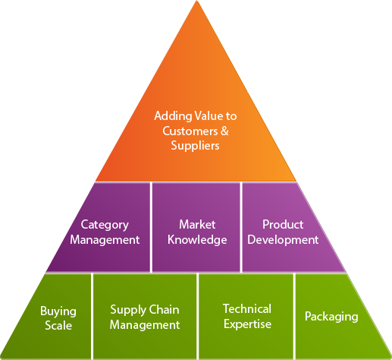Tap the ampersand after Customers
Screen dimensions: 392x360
pyautogui.click(x=224, y=131)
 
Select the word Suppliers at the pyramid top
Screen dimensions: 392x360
pyautogui.click(x=195, y=146)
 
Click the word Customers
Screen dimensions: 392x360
pyautogui.click(x=190, y=131)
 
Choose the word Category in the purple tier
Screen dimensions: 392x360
pyautogui.click(x=105, y=225)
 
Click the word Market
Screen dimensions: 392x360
pyautogui.click(x=197, y=224)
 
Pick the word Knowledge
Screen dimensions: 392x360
pyautogui.click(x=197, y=240)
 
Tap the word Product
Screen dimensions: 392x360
pyautogui.click(x=283, y=224)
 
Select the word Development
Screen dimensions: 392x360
pyautogui.click(x=283, y=240)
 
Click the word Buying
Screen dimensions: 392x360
pyautogui.click(x=58, y=311)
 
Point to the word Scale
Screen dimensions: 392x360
pyautogui.click(x=58, y=325)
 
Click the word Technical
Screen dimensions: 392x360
pyautogui.click(x=247, y=308)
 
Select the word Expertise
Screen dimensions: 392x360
pyautogui.click(x=247, y=324)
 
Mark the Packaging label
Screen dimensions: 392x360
pyautogui.click(x=331, y=317)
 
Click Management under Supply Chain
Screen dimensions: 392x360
pyautogui.click(x=145, y=325)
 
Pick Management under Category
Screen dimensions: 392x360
pyautogui.click(x=105, y=240)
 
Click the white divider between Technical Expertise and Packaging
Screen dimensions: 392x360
pyautogui.click(x=294, y=316)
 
